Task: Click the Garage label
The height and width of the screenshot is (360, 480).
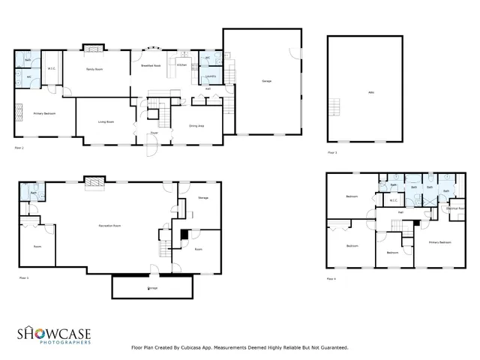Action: tap(266, 81)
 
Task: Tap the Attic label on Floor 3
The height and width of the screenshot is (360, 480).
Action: tap(369, 91)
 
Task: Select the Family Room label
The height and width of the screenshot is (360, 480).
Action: tap(94, 69)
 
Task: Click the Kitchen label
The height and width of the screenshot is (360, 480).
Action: tap(181, 66)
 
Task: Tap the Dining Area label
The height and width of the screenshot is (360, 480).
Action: tap(198, 126)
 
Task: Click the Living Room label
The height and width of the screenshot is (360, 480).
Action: tap(106, 121)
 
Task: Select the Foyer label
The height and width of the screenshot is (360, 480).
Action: tap(153, 133)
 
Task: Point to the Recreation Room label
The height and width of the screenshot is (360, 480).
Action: tap(111, 225)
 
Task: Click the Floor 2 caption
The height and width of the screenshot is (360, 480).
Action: tap(19, 148)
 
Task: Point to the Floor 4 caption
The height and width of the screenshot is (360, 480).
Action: tap(331, 278)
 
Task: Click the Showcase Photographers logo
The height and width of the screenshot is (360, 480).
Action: tap(54, 334)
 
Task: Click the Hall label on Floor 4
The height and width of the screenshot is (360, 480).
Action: tap(400, 212)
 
